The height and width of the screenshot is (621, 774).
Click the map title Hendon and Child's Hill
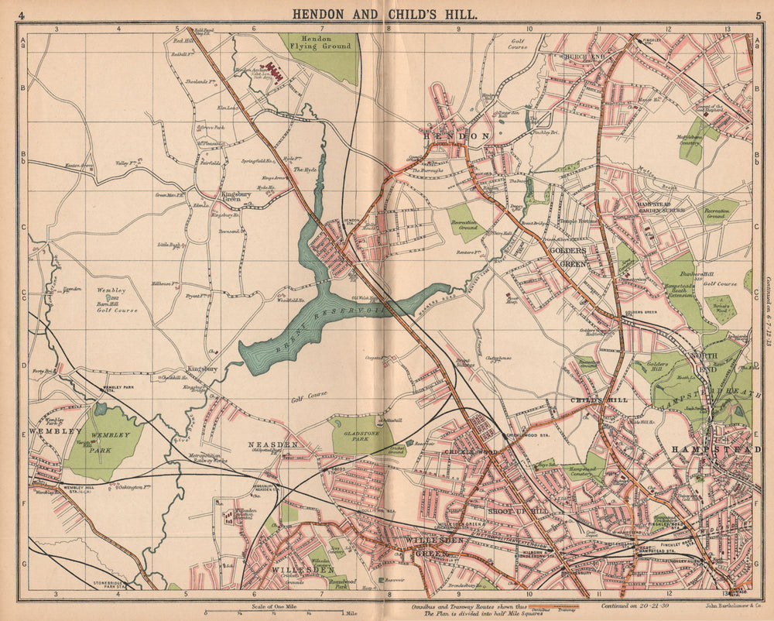(x=384, y=14)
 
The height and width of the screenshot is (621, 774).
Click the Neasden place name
(x=272, y=445)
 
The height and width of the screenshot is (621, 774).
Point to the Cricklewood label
(x=464, y=451)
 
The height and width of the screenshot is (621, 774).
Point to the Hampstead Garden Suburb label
(x=660, y=206)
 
